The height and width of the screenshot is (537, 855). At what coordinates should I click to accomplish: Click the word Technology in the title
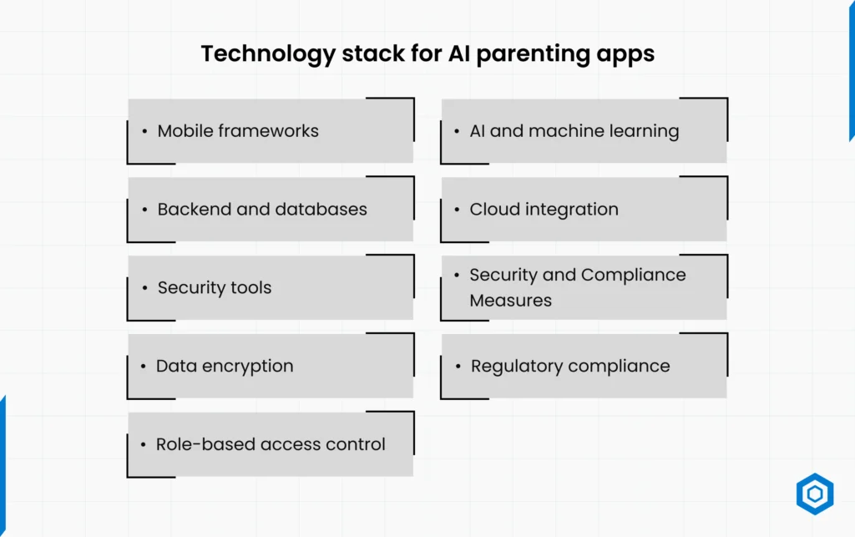pos(268,54)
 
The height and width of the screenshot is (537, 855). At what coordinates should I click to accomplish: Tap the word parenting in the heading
pos(533,54)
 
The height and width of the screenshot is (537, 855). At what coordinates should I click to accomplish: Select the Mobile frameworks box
pos(271,131)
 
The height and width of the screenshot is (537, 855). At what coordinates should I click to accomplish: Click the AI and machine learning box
pos(584,131)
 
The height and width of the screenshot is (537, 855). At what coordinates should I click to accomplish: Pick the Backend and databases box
pos(271,210)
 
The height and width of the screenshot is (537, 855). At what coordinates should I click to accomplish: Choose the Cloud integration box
pos(584,210)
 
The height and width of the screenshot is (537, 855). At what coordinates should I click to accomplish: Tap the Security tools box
pos(271,287)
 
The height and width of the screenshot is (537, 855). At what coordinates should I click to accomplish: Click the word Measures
pos(510,301)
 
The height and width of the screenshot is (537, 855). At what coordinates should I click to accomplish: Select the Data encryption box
pos(271,366)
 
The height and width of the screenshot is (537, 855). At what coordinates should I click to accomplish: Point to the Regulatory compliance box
pos(584,366)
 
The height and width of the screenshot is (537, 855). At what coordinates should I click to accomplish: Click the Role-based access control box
pos(271,444)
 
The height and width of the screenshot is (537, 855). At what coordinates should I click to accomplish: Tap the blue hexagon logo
pos(815,494)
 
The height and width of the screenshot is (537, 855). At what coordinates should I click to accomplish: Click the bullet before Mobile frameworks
pos(144,131)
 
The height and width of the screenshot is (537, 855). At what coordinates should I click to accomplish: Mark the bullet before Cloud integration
pos(457,210)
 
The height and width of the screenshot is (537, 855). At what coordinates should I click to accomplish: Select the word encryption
pos(247,367)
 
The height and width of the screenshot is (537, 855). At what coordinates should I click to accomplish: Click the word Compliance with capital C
pos(634,276)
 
